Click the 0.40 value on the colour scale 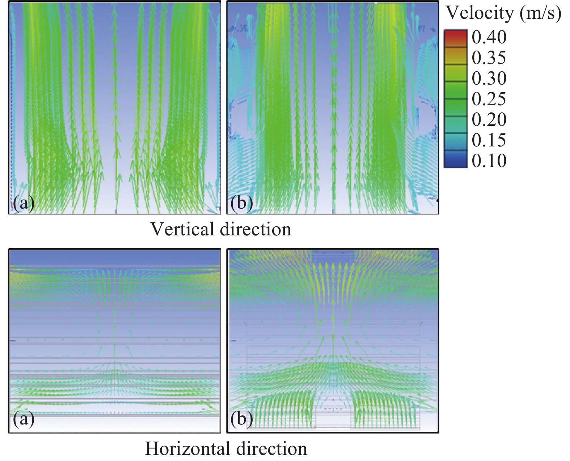(x=489, y=37)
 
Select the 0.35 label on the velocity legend (x=489, y=58)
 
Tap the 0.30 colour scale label (x=489, y=78)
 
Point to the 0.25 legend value (x=489, y=99)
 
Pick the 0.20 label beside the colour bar (x=489, y=120)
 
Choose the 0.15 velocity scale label (x=489, y=140)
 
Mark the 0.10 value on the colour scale (x=489, y=161)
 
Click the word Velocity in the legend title (x=480, y=13)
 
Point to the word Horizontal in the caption (x=187, y=449)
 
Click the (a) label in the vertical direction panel (x=24, y=203)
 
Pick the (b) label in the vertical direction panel (x=241, y=203)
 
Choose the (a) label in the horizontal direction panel (x=24, y=419)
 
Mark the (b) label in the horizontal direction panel (x=241, y=419)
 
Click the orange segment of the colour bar (x=456, y=54)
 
